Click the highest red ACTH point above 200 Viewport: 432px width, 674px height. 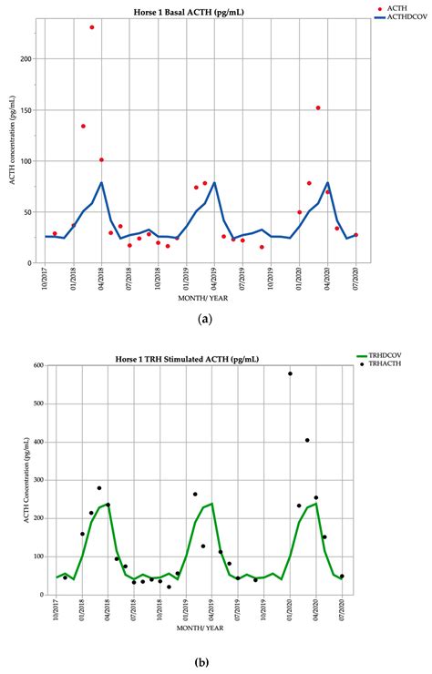tap(92, 27)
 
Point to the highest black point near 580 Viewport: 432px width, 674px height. tap(290, 373)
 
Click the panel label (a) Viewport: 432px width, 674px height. tap(205, 320)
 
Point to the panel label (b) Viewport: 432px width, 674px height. tap(205, 662)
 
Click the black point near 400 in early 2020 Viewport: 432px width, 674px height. tap(307, 440)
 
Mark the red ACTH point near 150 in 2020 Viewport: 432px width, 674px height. tap(318, 108)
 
